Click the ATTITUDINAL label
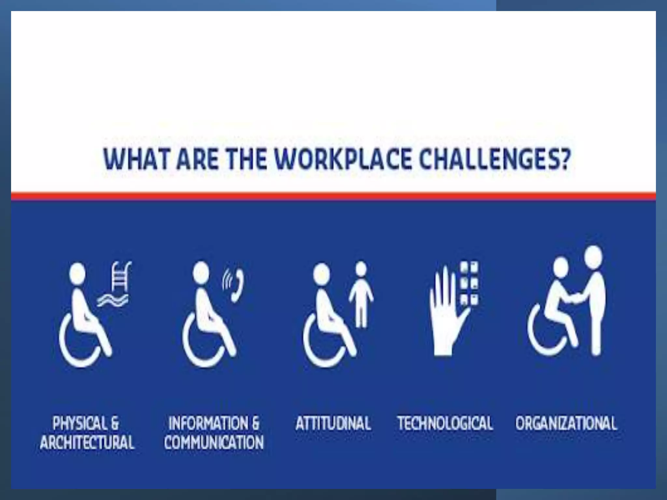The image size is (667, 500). [333, 423]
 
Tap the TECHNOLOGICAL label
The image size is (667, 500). [445, 423]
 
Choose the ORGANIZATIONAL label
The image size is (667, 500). [566, 423]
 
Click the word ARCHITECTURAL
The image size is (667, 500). [87, 442]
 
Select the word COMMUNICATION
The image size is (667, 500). [214, 442]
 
